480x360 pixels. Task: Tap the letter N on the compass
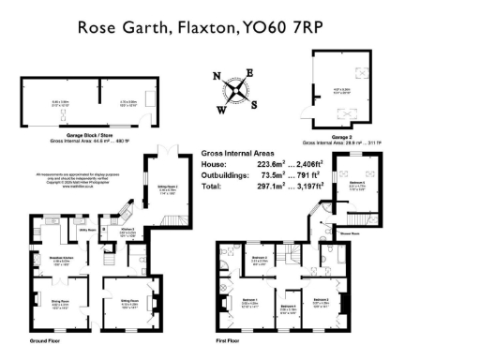tap(217, 77)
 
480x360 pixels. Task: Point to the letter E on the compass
tap(250, 72)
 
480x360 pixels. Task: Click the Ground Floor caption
tap(45, 340)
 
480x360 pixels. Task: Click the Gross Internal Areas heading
tap(239, 151)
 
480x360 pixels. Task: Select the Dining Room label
tap(60, 302)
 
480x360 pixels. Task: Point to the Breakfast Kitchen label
tap(63, 260)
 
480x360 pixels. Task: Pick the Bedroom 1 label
tap(249, 301)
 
